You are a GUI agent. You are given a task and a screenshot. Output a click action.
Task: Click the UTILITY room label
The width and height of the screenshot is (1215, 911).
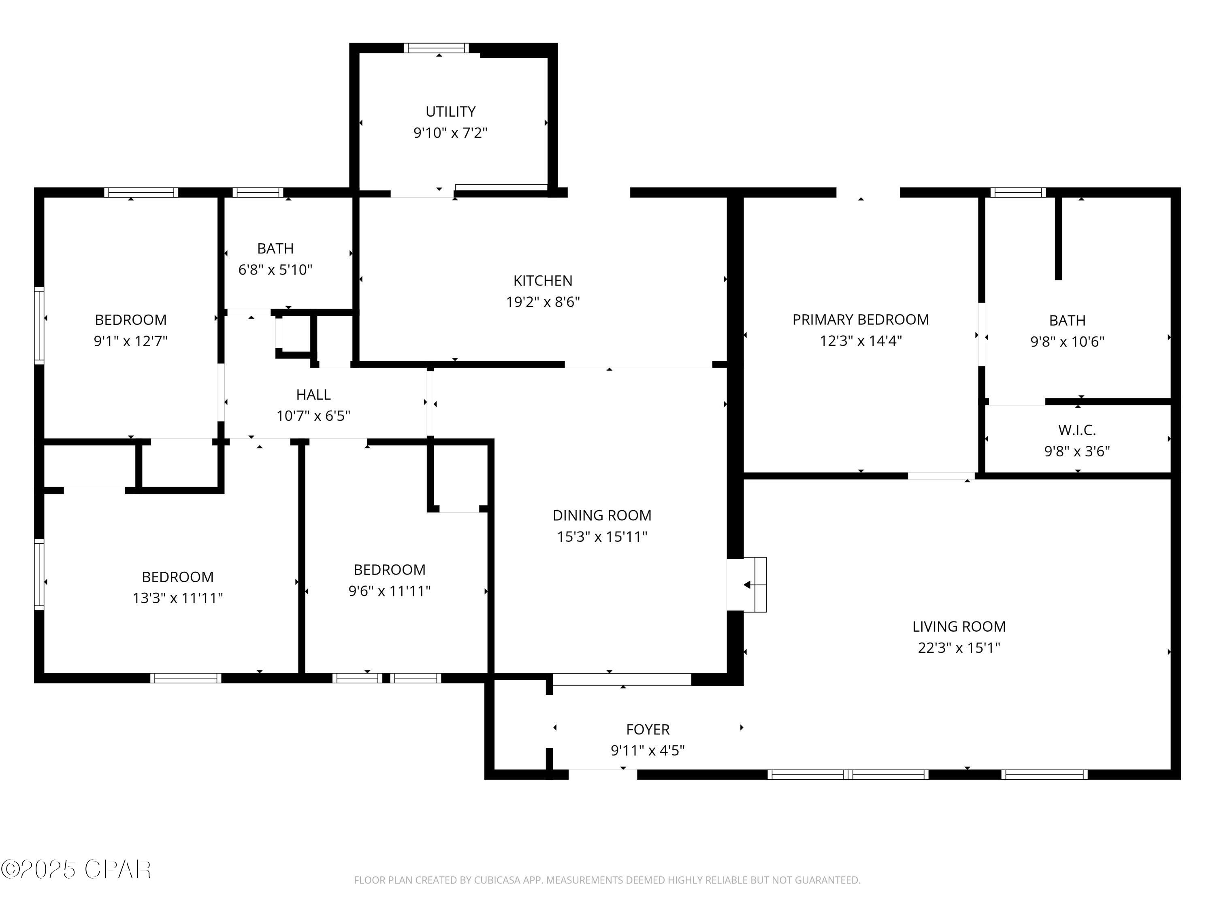tap(450, 111)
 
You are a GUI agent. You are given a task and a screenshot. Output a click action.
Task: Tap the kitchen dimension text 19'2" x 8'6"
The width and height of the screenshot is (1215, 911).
tap(543, 302)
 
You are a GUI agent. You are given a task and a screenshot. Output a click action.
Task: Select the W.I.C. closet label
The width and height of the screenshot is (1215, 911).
tap(1076, 430)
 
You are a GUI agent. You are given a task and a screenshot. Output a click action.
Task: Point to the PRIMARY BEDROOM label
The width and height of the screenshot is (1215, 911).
tap(860, 319)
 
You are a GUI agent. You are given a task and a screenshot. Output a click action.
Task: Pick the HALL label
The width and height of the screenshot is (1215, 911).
tap(313, 394)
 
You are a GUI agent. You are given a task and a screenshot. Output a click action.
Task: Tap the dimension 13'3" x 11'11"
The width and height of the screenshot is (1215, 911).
tap(177, 598)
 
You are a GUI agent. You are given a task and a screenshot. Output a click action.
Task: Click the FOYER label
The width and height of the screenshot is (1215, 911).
tap(648, 729)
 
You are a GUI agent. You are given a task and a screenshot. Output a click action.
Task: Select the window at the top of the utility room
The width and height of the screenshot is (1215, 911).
tap(437, 48)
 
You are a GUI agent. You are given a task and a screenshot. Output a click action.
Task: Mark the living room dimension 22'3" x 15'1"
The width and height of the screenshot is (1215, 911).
tap(959, 648)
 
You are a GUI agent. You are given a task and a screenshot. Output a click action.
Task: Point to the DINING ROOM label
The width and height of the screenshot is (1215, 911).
tap(601, 515)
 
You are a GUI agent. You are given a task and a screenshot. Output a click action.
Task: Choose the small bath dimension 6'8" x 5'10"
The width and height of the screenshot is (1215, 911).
tap(275, 270)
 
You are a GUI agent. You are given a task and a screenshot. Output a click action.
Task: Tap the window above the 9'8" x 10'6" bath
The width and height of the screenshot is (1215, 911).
tap(1018, 192)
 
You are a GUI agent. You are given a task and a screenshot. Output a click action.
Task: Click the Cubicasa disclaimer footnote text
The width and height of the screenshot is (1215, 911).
tap(607, 880)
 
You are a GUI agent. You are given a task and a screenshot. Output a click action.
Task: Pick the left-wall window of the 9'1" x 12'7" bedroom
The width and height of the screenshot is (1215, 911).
tap(39, 325)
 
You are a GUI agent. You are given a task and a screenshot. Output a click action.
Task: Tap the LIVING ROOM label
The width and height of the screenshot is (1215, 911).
tap(959, 626)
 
